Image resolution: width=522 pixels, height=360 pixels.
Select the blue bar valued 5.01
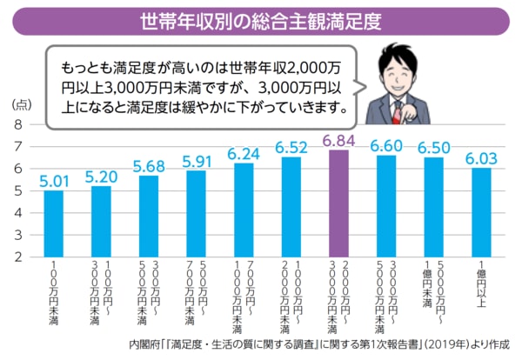coord(53,223)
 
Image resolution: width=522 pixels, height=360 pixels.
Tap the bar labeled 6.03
coord(481,212)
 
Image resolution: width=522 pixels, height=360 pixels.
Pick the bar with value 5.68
coord(148,216)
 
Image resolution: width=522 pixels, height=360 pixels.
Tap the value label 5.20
coord(101,176)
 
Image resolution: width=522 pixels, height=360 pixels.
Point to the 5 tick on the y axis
coord(19,190)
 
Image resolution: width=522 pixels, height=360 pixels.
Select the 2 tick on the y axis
coord(19,257)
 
